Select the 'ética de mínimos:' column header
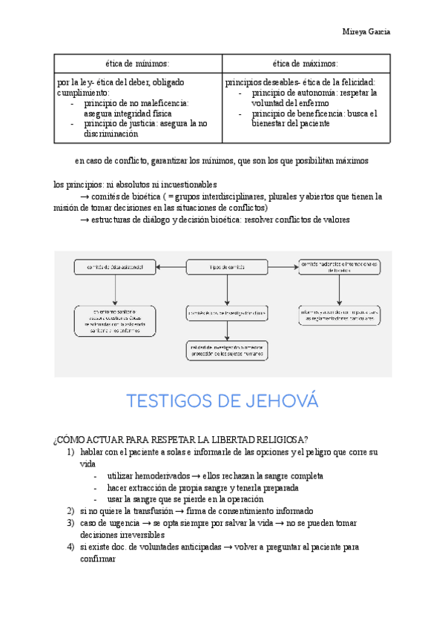(138, 64)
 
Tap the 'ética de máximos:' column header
(306, 64)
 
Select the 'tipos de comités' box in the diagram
(227, 266)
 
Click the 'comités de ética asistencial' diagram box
(114, 266)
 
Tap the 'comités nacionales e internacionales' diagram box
(339, 267)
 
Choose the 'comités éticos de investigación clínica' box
(227, 314)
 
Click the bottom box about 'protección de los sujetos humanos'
(227, 350)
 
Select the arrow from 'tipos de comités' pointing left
(171, 266)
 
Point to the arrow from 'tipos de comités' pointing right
(283, 266)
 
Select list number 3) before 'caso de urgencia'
(70, 523)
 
